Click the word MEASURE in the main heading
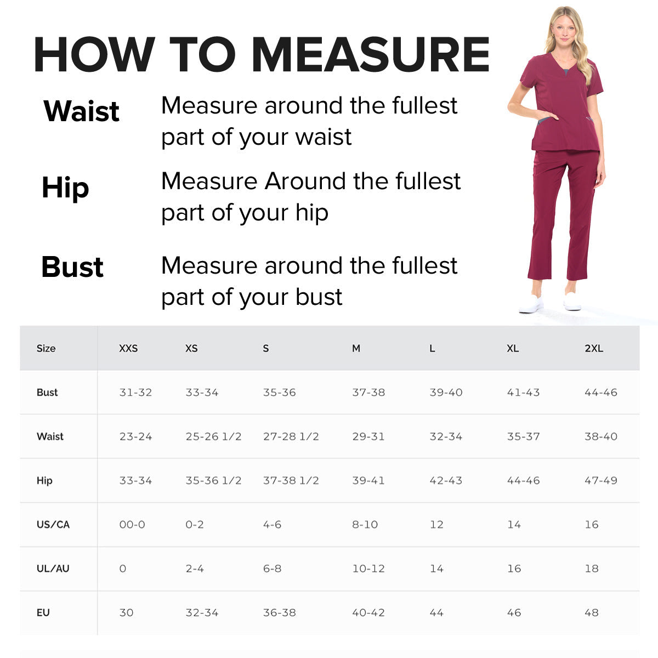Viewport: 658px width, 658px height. pos(371,55)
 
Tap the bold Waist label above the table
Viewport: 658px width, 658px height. pos(82,111)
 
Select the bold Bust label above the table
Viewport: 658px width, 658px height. pos(72,267)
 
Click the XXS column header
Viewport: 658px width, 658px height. pos(128,349)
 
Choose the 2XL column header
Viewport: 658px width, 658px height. pos(594,349)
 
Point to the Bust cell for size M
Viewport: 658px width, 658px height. pos(368,393)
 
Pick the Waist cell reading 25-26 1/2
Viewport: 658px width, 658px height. pos(213,437)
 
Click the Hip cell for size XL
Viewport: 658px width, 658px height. pos(523,481)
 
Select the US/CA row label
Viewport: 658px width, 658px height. pos(53,525)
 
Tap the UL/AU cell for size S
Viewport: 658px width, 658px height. pos(272,569)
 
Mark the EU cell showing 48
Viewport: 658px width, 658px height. pos(591,613)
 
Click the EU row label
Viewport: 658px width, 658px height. pos(43,613)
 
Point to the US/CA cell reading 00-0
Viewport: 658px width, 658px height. pos(132,525)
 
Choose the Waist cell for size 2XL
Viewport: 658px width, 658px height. pos(601,437)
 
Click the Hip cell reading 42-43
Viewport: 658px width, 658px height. pos(446,481)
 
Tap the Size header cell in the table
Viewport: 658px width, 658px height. pos(46,349)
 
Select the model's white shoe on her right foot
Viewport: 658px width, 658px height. pos(531,304)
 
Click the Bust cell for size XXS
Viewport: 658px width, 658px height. pos(135,393)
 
